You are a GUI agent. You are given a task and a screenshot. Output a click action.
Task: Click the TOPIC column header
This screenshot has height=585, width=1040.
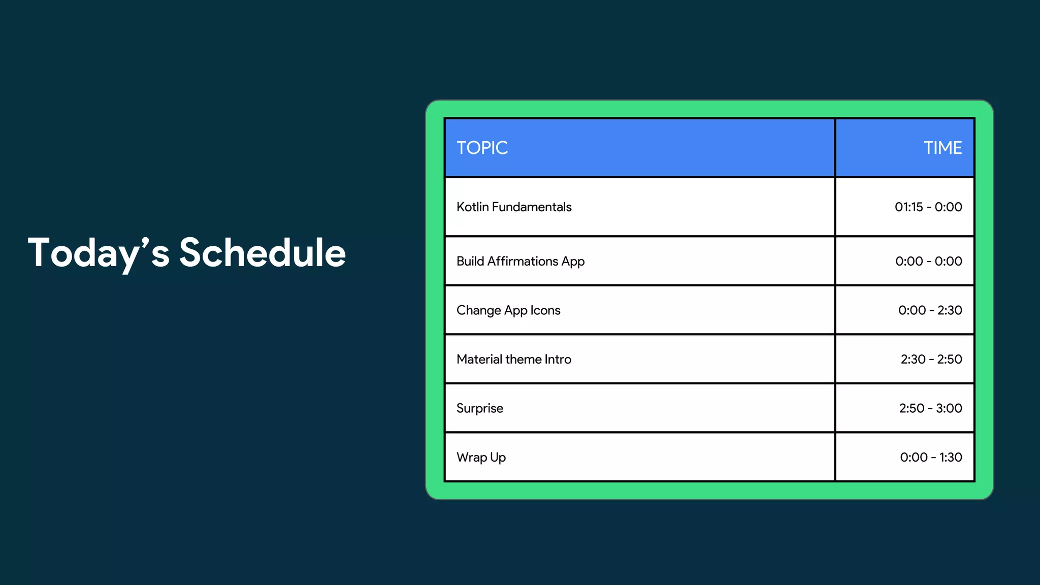pos(482,148)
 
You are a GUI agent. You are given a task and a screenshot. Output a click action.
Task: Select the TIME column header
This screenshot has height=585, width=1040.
pos(942,148)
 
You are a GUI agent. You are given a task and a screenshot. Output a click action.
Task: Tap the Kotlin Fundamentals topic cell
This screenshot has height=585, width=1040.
pos(514,207)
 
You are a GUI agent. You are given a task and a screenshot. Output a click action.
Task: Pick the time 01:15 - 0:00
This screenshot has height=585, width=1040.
pos(928,207)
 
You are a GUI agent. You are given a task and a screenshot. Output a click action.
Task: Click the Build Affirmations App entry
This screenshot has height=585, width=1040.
pos(521,262)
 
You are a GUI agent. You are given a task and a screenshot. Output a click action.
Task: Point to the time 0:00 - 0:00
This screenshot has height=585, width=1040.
pos(928,262)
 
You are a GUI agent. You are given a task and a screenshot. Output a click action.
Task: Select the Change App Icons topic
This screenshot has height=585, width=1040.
pos(508,310)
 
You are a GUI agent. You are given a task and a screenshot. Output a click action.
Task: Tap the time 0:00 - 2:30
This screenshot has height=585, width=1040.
pos(930,310)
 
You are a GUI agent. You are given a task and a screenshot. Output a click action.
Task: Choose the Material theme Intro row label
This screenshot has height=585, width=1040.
pos(514,360)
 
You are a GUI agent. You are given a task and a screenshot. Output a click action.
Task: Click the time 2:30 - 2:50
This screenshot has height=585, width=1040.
pos(931,360)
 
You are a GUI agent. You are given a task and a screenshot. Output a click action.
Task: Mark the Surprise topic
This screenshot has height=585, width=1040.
pos(480,408)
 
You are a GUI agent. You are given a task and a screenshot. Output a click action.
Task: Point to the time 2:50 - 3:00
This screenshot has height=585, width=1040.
pos(930,408)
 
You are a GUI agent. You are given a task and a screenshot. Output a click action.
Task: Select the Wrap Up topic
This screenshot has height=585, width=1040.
pos(481,458)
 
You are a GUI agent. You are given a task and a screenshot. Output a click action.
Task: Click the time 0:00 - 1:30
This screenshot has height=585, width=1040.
pos(931,458)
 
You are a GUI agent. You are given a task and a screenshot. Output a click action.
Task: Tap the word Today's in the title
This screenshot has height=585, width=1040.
pos(99,253)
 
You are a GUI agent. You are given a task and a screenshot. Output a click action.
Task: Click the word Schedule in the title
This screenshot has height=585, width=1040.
pos(262,253)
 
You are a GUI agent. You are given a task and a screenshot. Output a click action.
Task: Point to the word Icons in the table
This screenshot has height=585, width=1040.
pos(545,310)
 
